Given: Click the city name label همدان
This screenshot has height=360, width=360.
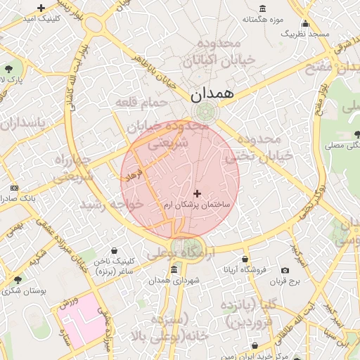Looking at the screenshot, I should pos(210,92).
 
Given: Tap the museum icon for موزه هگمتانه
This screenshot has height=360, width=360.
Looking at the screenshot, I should pos(262,8).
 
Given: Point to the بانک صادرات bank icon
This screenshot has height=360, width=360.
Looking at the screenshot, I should pos(15,188).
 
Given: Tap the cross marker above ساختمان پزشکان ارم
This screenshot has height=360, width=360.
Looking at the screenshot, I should pos(196,193).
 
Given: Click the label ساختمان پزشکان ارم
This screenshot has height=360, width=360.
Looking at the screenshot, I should pos(197,205).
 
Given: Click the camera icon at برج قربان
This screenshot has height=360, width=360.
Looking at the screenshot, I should pos(285,271).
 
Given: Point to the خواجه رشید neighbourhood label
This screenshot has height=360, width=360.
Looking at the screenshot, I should pos(112,203).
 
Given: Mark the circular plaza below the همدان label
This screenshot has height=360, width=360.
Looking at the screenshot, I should pos(206,112).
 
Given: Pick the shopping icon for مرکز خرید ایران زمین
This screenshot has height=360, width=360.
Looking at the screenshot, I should pos(254,346).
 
